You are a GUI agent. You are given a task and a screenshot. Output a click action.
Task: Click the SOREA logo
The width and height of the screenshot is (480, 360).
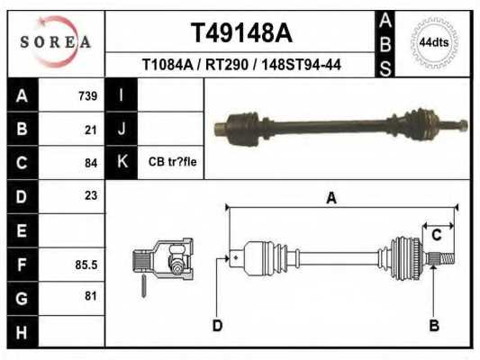[x=56, y=41]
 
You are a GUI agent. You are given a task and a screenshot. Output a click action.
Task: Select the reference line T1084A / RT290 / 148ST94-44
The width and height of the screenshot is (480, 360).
[x=240, y=65]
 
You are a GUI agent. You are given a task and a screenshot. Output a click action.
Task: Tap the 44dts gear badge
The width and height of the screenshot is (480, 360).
[x=434, y=41]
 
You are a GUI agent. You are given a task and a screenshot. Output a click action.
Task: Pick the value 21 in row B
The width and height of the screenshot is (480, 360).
[x=90, y=129]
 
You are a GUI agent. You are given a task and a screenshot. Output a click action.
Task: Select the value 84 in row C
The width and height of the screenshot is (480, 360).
[x=90, y=163]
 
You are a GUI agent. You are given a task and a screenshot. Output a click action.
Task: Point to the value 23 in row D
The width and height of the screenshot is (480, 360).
[x=90, y=195]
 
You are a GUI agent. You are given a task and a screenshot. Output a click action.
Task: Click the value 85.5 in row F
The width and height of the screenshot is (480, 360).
[x=86, y=265]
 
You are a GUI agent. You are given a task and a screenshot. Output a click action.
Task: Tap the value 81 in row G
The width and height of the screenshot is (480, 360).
[x=90, y=296]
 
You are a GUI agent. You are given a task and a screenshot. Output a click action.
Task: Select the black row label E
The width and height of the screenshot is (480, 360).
[x=22, y=230]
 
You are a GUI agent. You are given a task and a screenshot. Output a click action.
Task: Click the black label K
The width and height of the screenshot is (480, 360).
[x=121, y=162]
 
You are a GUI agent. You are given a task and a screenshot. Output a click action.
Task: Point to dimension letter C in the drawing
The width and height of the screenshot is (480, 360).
[x=436, y=235]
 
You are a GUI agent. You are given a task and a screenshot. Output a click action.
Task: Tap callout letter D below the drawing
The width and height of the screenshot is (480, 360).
[x=217, y=324]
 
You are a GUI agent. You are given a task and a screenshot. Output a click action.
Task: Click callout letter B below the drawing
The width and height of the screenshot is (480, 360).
[x=434, y=324]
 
